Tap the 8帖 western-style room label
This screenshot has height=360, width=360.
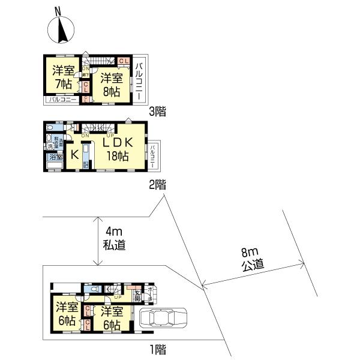[x=110, y=84]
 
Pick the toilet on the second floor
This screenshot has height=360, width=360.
[x=52, y=128]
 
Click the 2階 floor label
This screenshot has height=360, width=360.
[x=157, y=185]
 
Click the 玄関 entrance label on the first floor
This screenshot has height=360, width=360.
[x=137, y=296]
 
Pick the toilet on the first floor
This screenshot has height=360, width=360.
[x=94, y=289]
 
